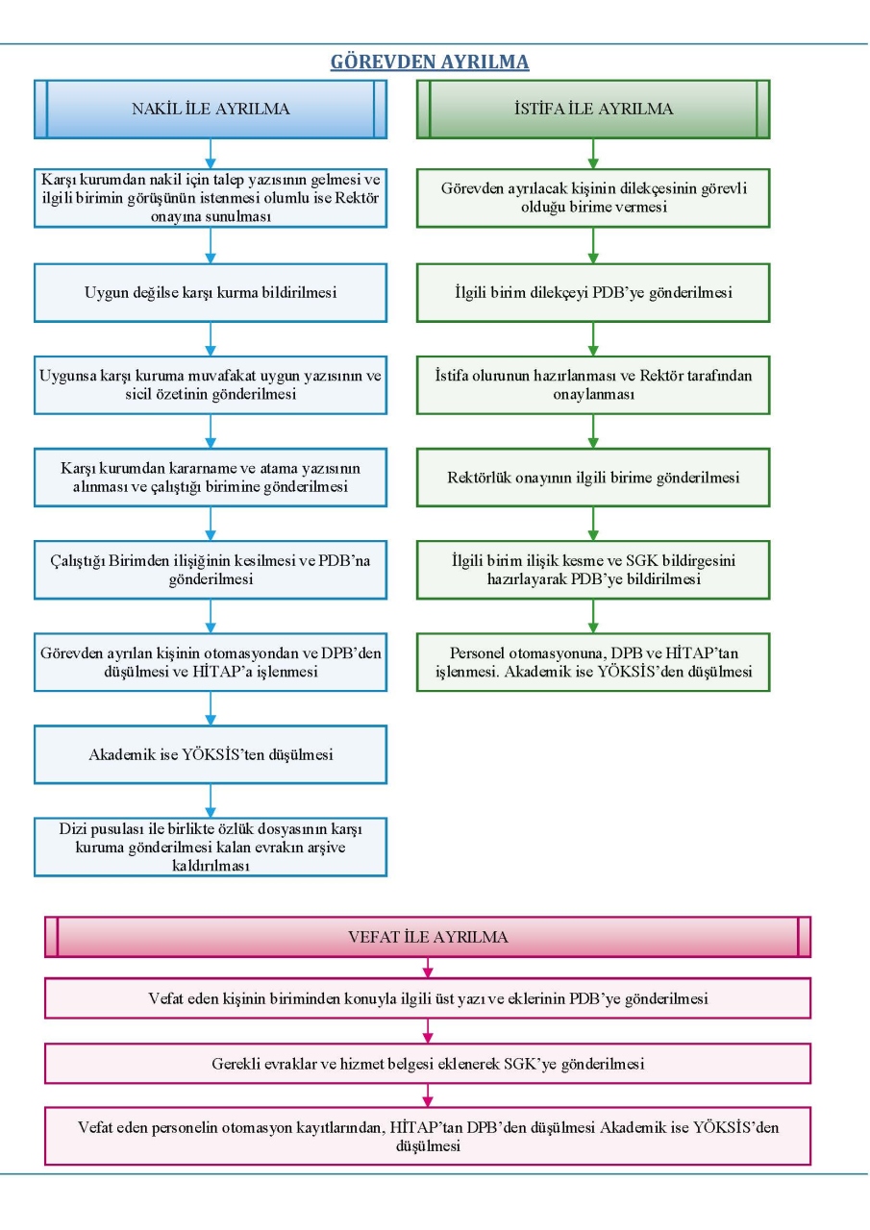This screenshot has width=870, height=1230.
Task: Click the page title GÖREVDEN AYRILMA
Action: [430, 61]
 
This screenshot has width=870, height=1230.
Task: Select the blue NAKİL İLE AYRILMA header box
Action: [211, 109]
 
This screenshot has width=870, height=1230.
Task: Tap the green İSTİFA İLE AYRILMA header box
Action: [593, 109]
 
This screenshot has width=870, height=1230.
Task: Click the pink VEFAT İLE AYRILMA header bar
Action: [428, 937]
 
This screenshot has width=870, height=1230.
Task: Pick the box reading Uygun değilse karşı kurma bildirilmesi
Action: [211, 293]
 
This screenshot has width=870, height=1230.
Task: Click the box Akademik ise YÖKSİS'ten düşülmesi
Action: [211, 754]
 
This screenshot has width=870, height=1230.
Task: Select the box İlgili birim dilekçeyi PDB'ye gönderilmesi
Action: [593, 293]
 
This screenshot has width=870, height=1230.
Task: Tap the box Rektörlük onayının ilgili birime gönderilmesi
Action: [593, 478]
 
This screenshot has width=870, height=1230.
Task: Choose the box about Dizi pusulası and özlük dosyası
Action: [211, 847]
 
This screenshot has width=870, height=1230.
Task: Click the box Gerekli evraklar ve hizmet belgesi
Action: [428, 1064]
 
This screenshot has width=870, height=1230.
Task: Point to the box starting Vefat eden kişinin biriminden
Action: [428, 998]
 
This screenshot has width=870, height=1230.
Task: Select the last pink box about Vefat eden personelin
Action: [428, 1136]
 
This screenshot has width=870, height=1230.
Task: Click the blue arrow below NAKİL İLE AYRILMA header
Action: [211, 154]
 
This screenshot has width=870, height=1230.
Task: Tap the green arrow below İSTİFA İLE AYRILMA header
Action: [593, 154]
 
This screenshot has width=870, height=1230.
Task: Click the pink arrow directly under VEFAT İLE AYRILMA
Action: [428, 968]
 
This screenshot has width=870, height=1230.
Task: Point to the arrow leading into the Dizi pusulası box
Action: [211, 801]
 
